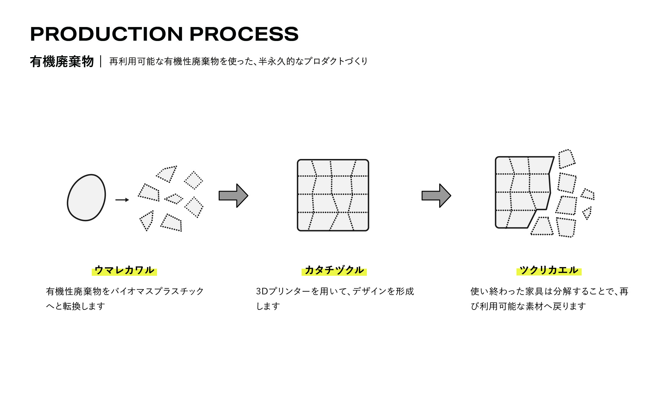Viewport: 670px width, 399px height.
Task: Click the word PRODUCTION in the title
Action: [107, 34]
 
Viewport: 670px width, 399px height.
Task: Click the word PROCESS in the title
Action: [244, 34]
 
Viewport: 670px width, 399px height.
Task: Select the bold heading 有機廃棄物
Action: [62, 61]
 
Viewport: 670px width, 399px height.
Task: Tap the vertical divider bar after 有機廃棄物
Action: [101, 61]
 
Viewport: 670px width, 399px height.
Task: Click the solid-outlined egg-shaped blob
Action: [87, 197]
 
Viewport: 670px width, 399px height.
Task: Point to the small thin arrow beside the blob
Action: [122, 200]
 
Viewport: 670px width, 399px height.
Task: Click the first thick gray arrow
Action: [233, 196]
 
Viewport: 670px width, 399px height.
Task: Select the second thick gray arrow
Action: [436, 196]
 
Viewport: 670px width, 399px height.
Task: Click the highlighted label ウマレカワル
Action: [124, 270]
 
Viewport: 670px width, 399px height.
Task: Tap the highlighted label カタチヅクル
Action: [334, 270]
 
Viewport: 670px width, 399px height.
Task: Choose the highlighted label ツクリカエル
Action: [549, 270]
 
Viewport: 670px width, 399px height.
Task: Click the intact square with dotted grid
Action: [333, 195]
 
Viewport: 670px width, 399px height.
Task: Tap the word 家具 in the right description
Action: [534, 291]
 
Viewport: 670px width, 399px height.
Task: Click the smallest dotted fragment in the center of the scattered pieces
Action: [174, 199]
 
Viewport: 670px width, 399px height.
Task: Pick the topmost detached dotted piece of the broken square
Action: [567, 159]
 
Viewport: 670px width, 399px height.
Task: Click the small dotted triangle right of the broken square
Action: [587, 213]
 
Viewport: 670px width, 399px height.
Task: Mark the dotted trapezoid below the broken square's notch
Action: [542, 226]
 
